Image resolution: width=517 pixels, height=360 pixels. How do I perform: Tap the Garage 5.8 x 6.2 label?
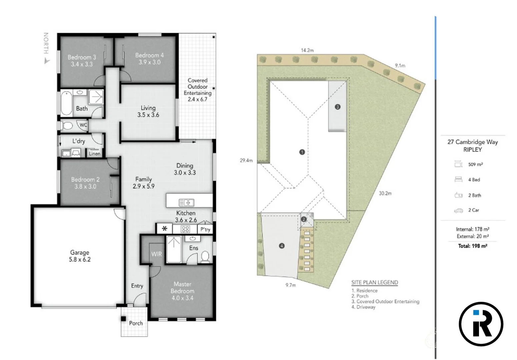click(80, 256)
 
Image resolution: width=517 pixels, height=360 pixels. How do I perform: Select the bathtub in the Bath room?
click(66, 103)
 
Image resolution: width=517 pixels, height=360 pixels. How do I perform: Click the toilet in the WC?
click(68, 126)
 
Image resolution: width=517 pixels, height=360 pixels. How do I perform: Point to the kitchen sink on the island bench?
click(186, 202)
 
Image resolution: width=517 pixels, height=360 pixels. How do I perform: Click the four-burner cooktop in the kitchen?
click(185, 229)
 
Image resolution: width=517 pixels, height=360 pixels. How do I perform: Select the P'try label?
click(205, 229)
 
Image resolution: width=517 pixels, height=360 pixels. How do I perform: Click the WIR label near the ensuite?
click(156, 254)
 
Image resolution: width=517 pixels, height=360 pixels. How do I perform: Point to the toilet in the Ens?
click(205, 257)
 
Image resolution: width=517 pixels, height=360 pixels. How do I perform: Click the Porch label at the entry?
click(136, 323)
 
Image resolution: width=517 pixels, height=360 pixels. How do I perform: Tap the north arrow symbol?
click(47, 61)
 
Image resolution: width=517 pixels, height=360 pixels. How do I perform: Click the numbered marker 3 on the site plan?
click(337, 107)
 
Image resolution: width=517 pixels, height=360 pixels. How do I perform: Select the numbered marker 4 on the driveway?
click(282, 246)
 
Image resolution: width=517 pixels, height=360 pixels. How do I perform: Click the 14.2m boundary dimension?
click(307, 50)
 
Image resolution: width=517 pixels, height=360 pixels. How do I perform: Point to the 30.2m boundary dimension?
click(385, 193)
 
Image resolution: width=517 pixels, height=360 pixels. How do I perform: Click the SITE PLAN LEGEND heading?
click(374, 282)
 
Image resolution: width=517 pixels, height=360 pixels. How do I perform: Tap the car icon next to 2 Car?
click(458, 210)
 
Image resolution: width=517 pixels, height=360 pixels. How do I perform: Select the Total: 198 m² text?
click(472, 246)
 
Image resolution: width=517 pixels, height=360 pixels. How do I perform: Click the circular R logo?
click(481, 324)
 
